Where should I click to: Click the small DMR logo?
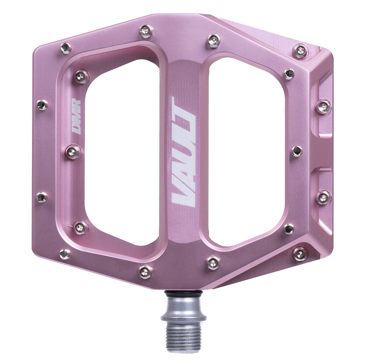[76, 117]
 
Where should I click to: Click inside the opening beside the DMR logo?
[122, 150]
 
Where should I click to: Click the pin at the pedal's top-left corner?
[66, 48]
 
